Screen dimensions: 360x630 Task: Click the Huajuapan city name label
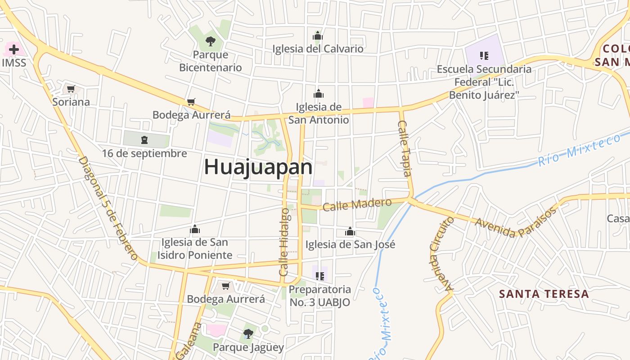click(x=258, y=167)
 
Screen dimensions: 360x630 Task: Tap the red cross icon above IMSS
click(x=14, y=49)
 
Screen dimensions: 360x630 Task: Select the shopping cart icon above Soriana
click(x=71, y=89)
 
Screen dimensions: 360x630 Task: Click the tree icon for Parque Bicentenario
click(x=210, y=42)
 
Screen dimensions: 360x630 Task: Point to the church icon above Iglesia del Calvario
click(x=318, y=36)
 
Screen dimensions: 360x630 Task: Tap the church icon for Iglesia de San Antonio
click(x=319, y=94)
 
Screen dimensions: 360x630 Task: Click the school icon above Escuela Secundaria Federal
click(x=484, y=56)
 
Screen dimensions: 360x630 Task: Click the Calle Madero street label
click(x=357, y=205)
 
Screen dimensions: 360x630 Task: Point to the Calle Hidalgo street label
click(x=284, y=242)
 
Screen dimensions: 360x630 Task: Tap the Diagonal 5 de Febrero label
click(x=108, y=207)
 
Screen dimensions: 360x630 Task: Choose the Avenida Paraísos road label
click(x=516, y=223)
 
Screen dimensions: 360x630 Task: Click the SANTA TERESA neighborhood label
click(x=544, y=294)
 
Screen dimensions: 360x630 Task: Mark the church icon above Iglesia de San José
click(x=350, y=232)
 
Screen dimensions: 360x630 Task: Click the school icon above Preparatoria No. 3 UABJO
click(x=320, y=276)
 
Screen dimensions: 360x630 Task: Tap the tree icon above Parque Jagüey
click(x=248, y=334)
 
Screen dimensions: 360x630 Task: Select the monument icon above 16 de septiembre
click(x=144, y=139)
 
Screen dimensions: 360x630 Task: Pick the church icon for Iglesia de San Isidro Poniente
click(x=195, y=229)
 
